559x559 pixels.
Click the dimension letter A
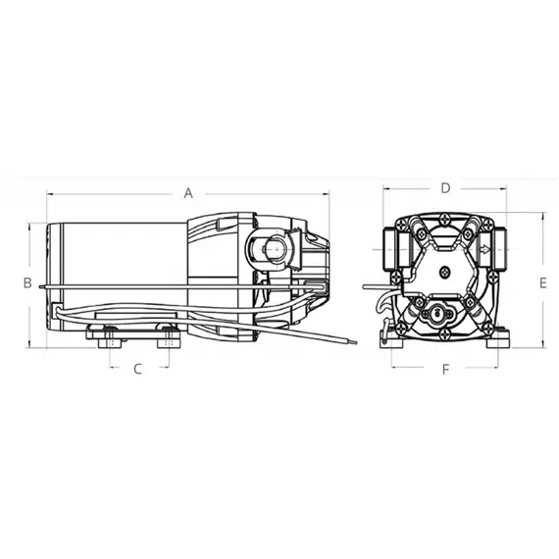(x=188, y=193)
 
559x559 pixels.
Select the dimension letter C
(x=138, y=370)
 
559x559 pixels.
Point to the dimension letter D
(x=444, y=186)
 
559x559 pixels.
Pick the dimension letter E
(x=540, y=282)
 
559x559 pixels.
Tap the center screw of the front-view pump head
(x=443, y=273)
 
